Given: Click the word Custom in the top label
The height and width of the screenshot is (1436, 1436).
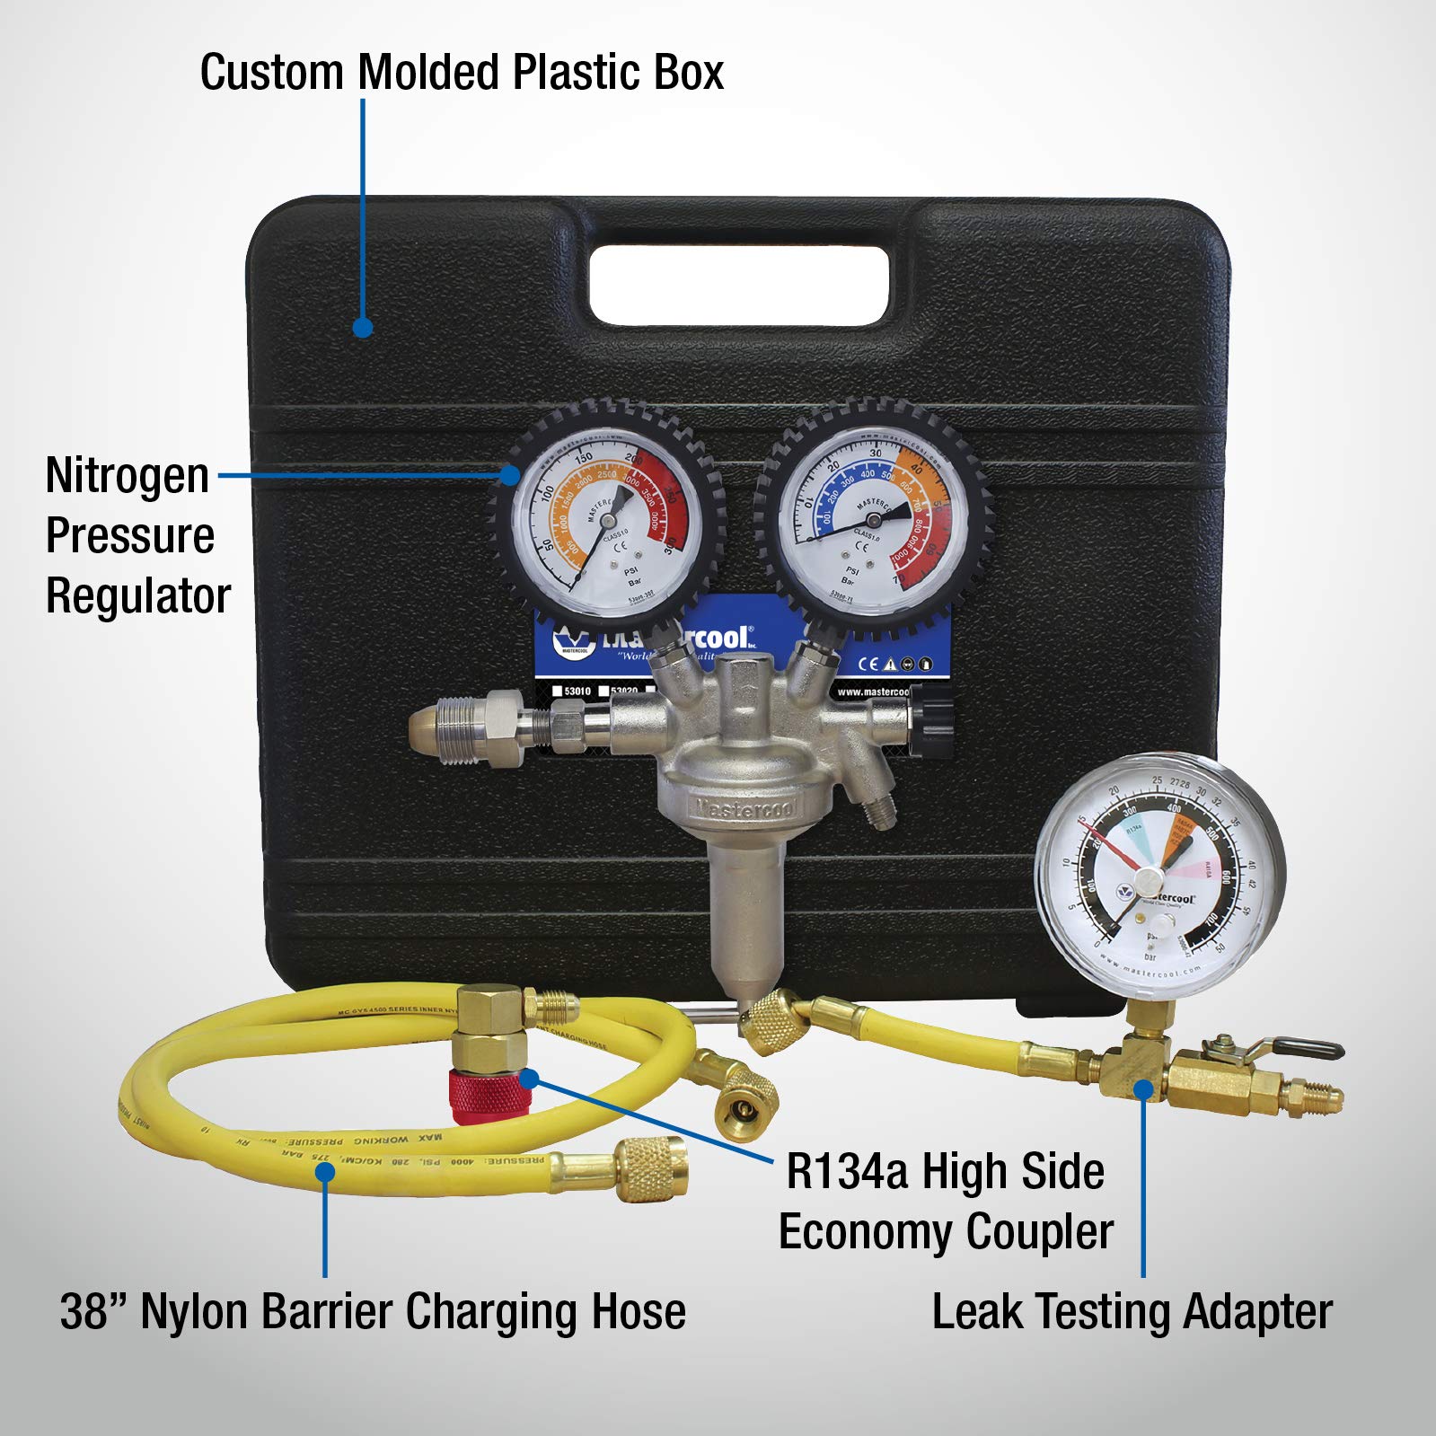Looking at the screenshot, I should [x=272, y=72].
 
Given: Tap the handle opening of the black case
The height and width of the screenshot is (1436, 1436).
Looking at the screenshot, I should [x=738, y=285].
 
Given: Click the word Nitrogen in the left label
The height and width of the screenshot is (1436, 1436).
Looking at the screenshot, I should [x=127, y=476].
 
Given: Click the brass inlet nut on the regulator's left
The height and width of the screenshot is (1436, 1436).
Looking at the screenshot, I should [x=458, y=724].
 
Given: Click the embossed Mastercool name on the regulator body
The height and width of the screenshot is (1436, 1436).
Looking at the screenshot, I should [x=744, y=807].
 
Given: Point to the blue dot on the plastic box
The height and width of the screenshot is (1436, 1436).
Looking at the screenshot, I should [x=363, y=328].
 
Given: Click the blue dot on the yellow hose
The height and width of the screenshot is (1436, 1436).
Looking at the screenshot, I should [x=325, y=1172].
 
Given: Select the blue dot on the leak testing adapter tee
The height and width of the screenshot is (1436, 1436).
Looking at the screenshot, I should [x=1142, y=1090].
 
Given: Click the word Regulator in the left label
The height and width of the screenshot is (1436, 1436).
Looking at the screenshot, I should [x=138, y=596].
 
